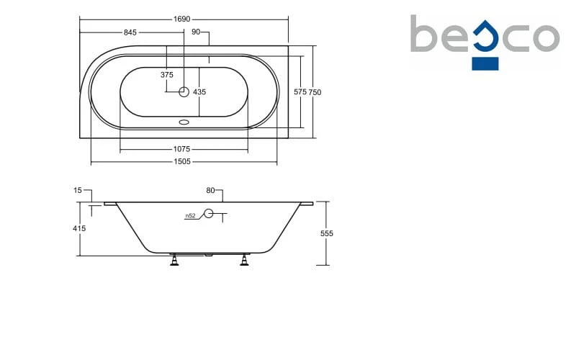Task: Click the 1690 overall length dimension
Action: (182, 19)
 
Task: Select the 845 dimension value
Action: (130, 32)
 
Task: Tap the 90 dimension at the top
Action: (196, 32)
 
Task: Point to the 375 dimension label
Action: (167, 75)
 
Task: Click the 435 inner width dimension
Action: (199, 92)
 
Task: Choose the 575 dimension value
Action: (300, 92)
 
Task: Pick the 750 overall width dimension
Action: (315, 92)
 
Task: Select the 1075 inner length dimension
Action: (182, 149)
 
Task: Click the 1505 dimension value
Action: (182, 161)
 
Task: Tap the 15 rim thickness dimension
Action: (78, 190)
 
